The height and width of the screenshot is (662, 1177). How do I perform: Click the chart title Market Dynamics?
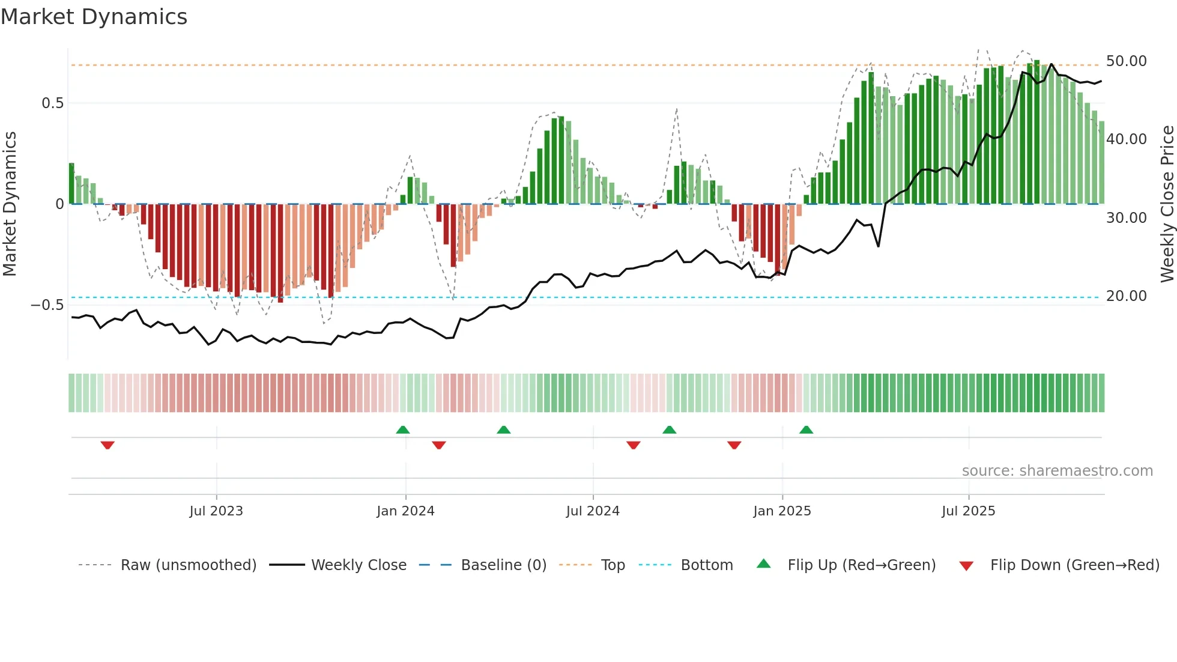tap(94, 17)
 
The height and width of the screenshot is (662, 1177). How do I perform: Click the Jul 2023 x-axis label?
tap(216, 511)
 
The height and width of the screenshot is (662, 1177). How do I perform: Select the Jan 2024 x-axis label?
tap(405, 511)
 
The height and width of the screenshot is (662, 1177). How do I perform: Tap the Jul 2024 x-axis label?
tap(593, 511)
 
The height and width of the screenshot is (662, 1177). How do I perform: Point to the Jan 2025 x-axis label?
tap(782, 511)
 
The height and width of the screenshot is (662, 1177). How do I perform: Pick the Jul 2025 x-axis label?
tap(968, 511)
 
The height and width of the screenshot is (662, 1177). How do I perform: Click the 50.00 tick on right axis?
tap(1126, 61)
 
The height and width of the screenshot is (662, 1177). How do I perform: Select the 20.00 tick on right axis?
tap(1126, 296)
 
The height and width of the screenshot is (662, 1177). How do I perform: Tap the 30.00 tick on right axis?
tap(1126, 218)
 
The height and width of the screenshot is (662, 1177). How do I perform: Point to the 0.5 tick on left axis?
tap(52, 103)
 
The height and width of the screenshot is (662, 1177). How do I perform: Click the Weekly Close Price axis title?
tap(1167, 204)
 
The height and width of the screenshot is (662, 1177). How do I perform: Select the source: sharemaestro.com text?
tap(1057, 471)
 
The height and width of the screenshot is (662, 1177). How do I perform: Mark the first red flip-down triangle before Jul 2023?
tap(107, 445)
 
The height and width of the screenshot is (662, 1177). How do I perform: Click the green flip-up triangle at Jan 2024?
tap(403, 430)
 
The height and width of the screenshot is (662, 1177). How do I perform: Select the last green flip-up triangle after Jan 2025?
tap(806, 430)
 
